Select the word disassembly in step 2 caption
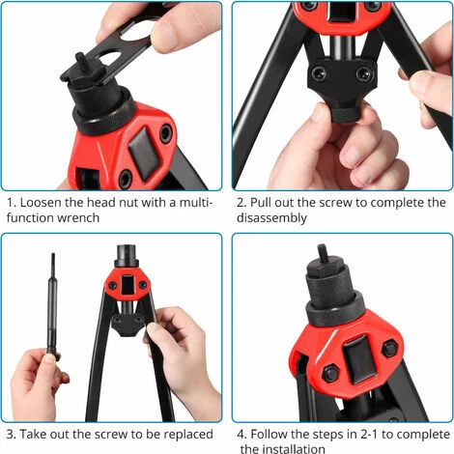pyautogui.click(x=271, y=218)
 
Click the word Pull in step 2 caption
pyautogui.click(x=261, y=203)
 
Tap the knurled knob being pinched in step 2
pyautogui.click(x=346, y=114)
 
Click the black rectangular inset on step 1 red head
pyautogui.click(x=144, y=154)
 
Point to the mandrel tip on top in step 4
pyautogui.click(x=323, y=253)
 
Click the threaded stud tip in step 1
pyautogui.click(x=80, y=60)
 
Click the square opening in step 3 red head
pyautogui.click(x=128, y=284)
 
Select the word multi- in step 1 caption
pyautogui.click(x=196, y=203)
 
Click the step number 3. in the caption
pyautogui.click(x=11, y=434)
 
